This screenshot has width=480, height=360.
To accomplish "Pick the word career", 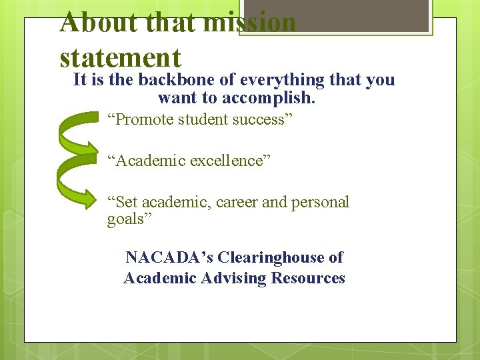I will [237, 202].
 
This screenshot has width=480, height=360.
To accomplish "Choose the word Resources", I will [308, 278].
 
